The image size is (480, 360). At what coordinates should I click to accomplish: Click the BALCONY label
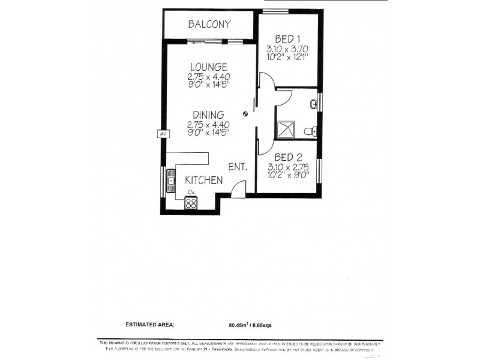point(209,24)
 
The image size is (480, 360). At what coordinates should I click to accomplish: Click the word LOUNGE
point(208,67)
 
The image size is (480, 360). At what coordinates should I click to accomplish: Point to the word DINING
point(208,115)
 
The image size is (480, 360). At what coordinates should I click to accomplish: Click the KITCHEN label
point(203,180)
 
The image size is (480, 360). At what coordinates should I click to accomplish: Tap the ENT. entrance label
point(238,168)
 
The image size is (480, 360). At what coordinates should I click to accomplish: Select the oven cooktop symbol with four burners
point(191,203)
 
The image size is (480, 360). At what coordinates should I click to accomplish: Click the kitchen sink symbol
point(171,181)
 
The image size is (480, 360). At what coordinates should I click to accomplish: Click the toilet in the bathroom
point(310,131)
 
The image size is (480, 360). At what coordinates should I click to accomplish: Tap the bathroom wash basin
point(314,104)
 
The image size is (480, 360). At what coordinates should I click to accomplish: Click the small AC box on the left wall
point(162,134)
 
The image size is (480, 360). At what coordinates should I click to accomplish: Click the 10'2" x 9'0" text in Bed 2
point(288,176)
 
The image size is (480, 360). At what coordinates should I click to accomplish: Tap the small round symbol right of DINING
point(245,114)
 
